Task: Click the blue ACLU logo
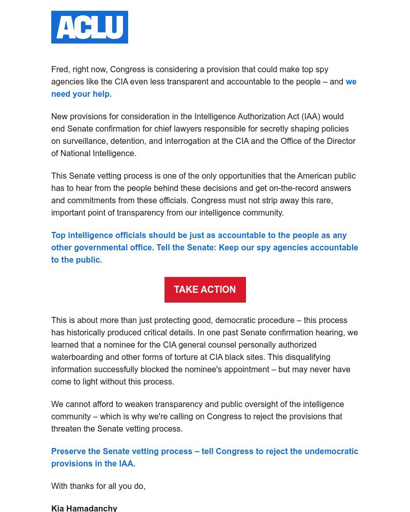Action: [x=90, y=27]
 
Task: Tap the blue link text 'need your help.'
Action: [x=81, y=94]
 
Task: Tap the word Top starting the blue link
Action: [x=58, y=235]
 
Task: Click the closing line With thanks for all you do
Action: [x=98, y=486]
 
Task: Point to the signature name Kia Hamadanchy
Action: [x=84, y=508]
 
